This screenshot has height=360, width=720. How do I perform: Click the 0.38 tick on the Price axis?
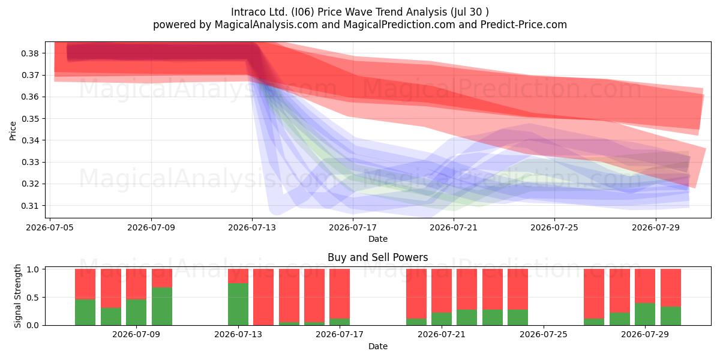(x=30, y=53)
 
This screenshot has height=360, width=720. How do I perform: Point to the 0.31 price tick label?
(x=30, y=206)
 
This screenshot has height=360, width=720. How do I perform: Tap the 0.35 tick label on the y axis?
(x=30, y=119)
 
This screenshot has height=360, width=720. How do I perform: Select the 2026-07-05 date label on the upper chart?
(x=50, y=227)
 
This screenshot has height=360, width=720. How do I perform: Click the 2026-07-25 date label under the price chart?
(x=554, y=227)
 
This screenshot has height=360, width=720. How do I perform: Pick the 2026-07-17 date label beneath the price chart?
(x=353, y=227)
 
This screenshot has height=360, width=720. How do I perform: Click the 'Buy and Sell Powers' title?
(x=377, y=257)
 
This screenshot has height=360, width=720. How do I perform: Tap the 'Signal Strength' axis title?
(x=17, y=296)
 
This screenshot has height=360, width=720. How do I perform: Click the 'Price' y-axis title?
(x=13, y=131)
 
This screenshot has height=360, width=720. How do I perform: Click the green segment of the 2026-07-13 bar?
(x=238, y=304)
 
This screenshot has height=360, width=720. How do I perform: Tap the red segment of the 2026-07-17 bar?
(x=340, y=294)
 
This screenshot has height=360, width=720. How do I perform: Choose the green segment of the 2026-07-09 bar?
(x=136, y=313)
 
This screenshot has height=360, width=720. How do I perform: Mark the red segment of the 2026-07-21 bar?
(x=442, y=291)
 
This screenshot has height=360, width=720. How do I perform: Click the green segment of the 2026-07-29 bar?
(x=645, y=314)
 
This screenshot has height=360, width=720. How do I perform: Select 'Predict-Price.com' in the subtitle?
(x=524, y=25)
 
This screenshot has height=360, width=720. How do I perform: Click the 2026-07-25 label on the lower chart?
(x=543, y=334)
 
